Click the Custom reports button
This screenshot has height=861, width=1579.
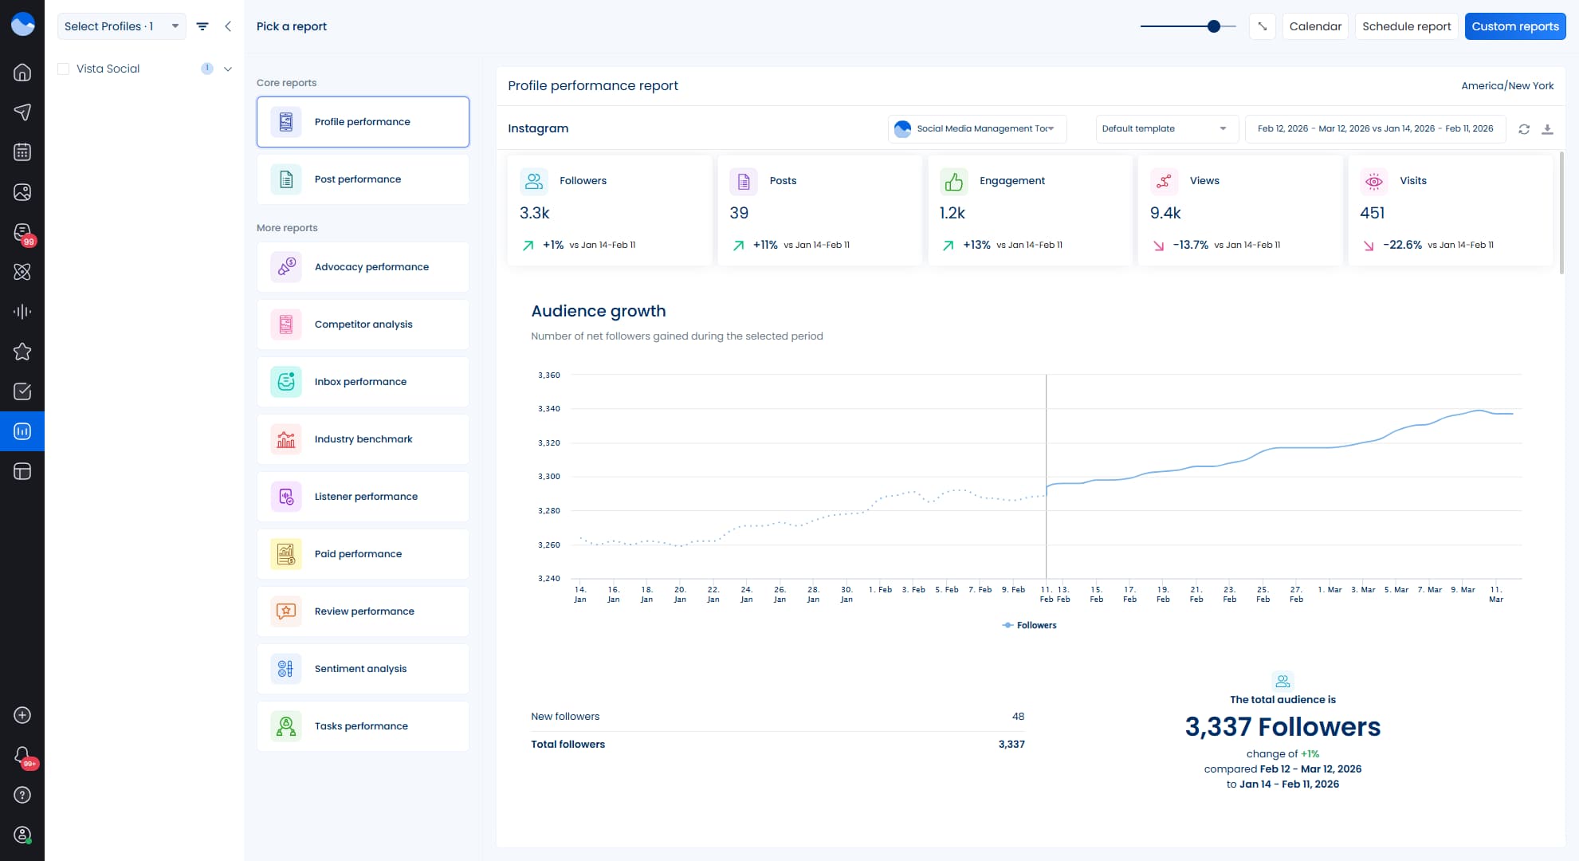point(1514,26)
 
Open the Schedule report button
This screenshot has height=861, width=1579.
point(1406,26)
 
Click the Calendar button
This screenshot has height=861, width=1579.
point(1314,26)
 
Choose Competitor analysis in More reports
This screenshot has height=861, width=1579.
point(363,324)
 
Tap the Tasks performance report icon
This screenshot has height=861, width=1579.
point(286,726)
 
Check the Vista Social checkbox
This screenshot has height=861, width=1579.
point(64,69)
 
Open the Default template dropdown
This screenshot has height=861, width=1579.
point(1165,128)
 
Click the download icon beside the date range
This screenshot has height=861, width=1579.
point(1547,129)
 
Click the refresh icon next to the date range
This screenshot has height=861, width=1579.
point(1524,129)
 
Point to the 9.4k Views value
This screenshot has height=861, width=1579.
point(1165,213)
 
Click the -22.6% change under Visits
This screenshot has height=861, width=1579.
point(1402,245)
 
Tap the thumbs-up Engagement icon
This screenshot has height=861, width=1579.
point(953,181)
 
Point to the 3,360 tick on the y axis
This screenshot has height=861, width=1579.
point(548,375)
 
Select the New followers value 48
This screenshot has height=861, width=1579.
point(1018,717)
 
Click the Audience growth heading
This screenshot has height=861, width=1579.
point(598,311)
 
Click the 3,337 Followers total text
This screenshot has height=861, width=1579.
point(1282,727)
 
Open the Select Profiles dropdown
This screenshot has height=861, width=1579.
point(121,26)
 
